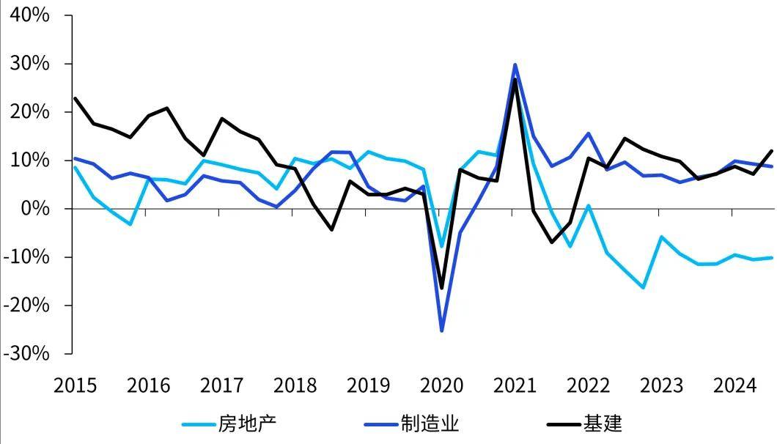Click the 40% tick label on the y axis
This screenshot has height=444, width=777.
(x=28, y=15)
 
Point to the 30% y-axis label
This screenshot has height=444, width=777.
(x=28, y=64)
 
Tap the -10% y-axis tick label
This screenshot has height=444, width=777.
(x=25, y=257)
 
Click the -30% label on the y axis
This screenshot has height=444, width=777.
(x=25, y=353)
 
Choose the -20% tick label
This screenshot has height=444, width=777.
(x=25, y=306)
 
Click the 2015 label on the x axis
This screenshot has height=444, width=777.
(x=75, y=385)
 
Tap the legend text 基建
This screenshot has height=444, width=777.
(x=603, y=423)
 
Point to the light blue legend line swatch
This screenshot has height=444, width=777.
(x=197, y=423)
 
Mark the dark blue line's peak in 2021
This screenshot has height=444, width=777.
(x=515, y=64)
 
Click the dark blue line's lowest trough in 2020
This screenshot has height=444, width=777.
(x=441, y=330)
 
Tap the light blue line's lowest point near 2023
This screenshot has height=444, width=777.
(x=643, y=287)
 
